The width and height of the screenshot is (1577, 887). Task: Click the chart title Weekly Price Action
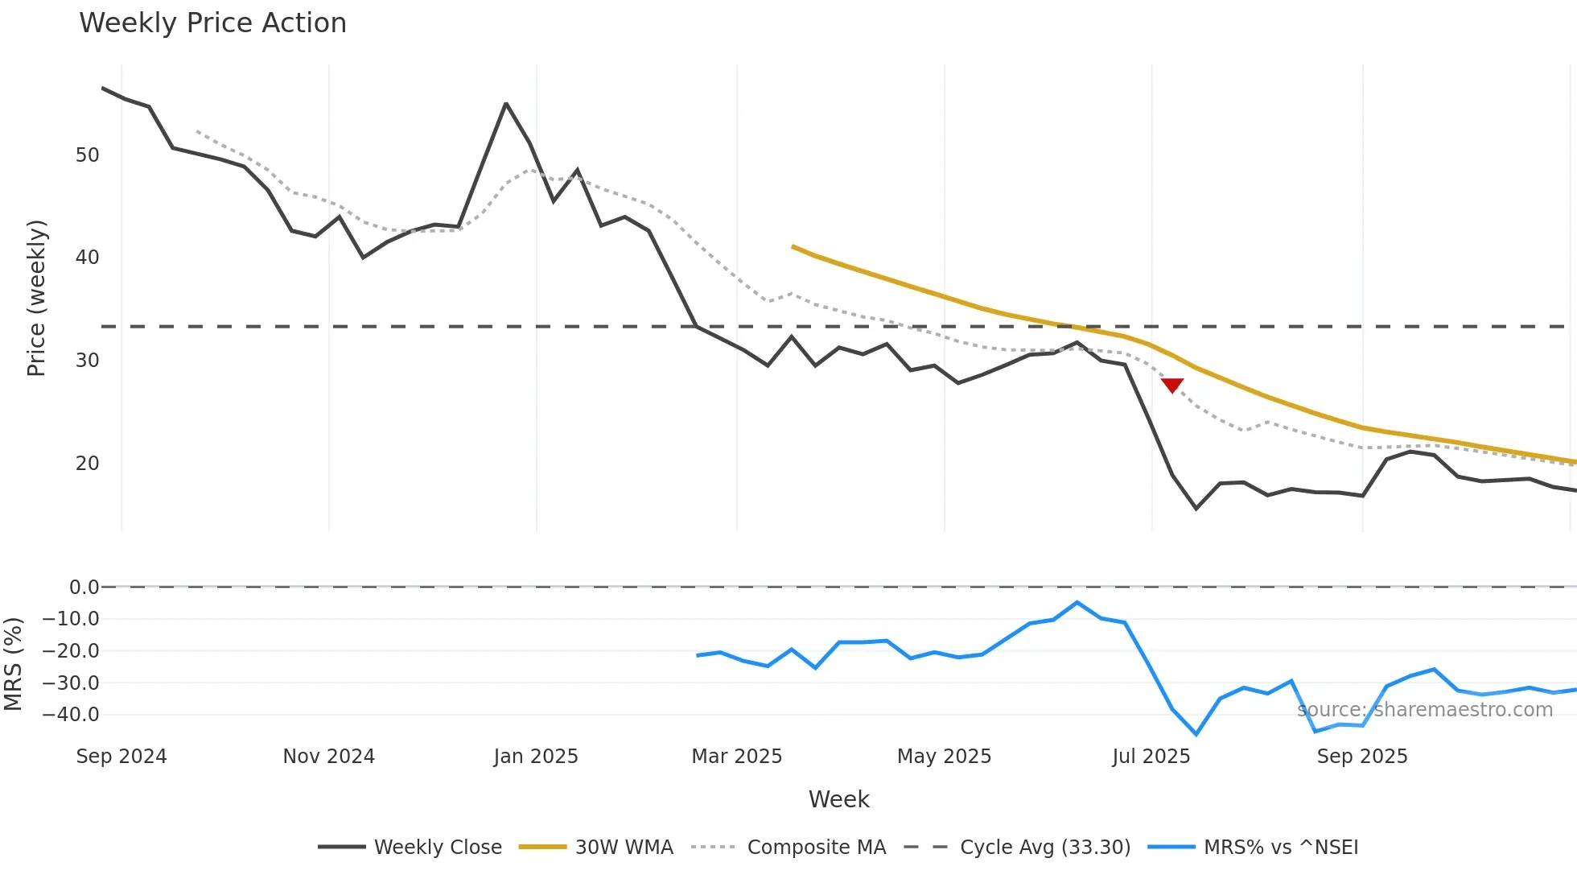(x=212, y=23)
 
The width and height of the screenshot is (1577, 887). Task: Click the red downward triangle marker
(x=1172, y=386)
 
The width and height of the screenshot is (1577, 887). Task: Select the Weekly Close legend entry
(x=410, y=848)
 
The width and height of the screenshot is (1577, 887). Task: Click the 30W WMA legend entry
(x=596, y=848)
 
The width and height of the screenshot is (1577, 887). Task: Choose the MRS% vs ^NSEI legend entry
(x=1253, y=848)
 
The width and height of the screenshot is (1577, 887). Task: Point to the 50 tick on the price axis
(x=87, y=155)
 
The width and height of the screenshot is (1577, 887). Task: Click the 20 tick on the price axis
(x=87, y=464)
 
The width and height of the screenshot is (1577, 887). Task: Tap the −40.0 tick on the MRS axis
(x=71, y=715)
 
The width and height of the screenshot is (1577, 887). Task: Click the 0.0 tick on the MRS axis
(x=84, y=588)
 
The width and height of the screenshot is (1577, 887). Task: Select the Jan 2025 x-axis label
(x=536, y=757)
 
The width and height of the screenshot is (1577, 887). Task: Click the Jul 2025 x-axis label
(x=1151, y=757)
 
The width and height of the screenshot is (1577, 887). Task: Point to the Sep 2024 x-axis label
(x=121, y=757)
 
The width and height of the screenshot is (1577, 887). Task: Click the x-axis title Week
(x=838, y=799)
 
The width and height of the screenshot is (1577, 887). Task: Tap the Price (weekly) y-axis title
(x=36, y=298)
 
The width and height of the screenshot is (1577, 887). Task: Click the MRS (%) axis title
(x=13, y=664)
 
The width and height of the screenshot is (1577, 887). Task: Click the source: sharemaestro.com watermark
(x=1424, y=710)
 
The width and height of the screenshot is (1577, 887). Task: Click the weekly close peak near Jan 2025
(x=506, y=104)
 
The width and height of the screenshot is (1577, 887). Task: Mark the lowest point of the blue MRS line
(x=1196, y=734)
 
